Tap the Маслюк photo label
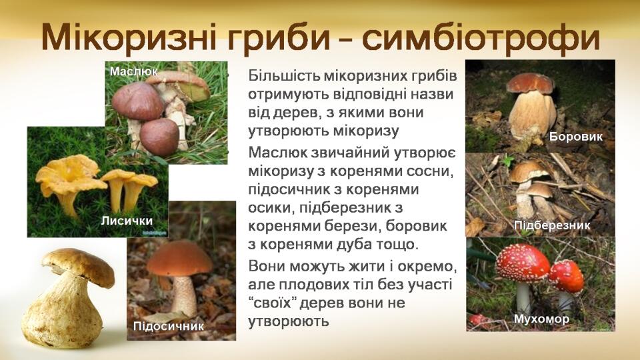pos(133,72)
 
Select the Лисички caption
pos(127,221)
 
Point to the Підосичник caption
pos(168,326)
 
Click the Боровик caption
pos(576,136)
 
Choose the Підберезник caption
pos(552,225)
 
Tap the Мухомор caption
pos(541,319)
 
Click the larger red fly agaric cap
pos(523,263)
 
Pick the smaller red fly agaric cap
pos(567,276)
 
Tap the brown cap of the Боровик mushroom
pos(530,83)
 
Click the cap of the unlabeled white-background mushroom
pos(79,265)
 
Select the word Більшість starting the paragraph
pos(284,76)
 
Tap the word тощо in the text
pos(397,245)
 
